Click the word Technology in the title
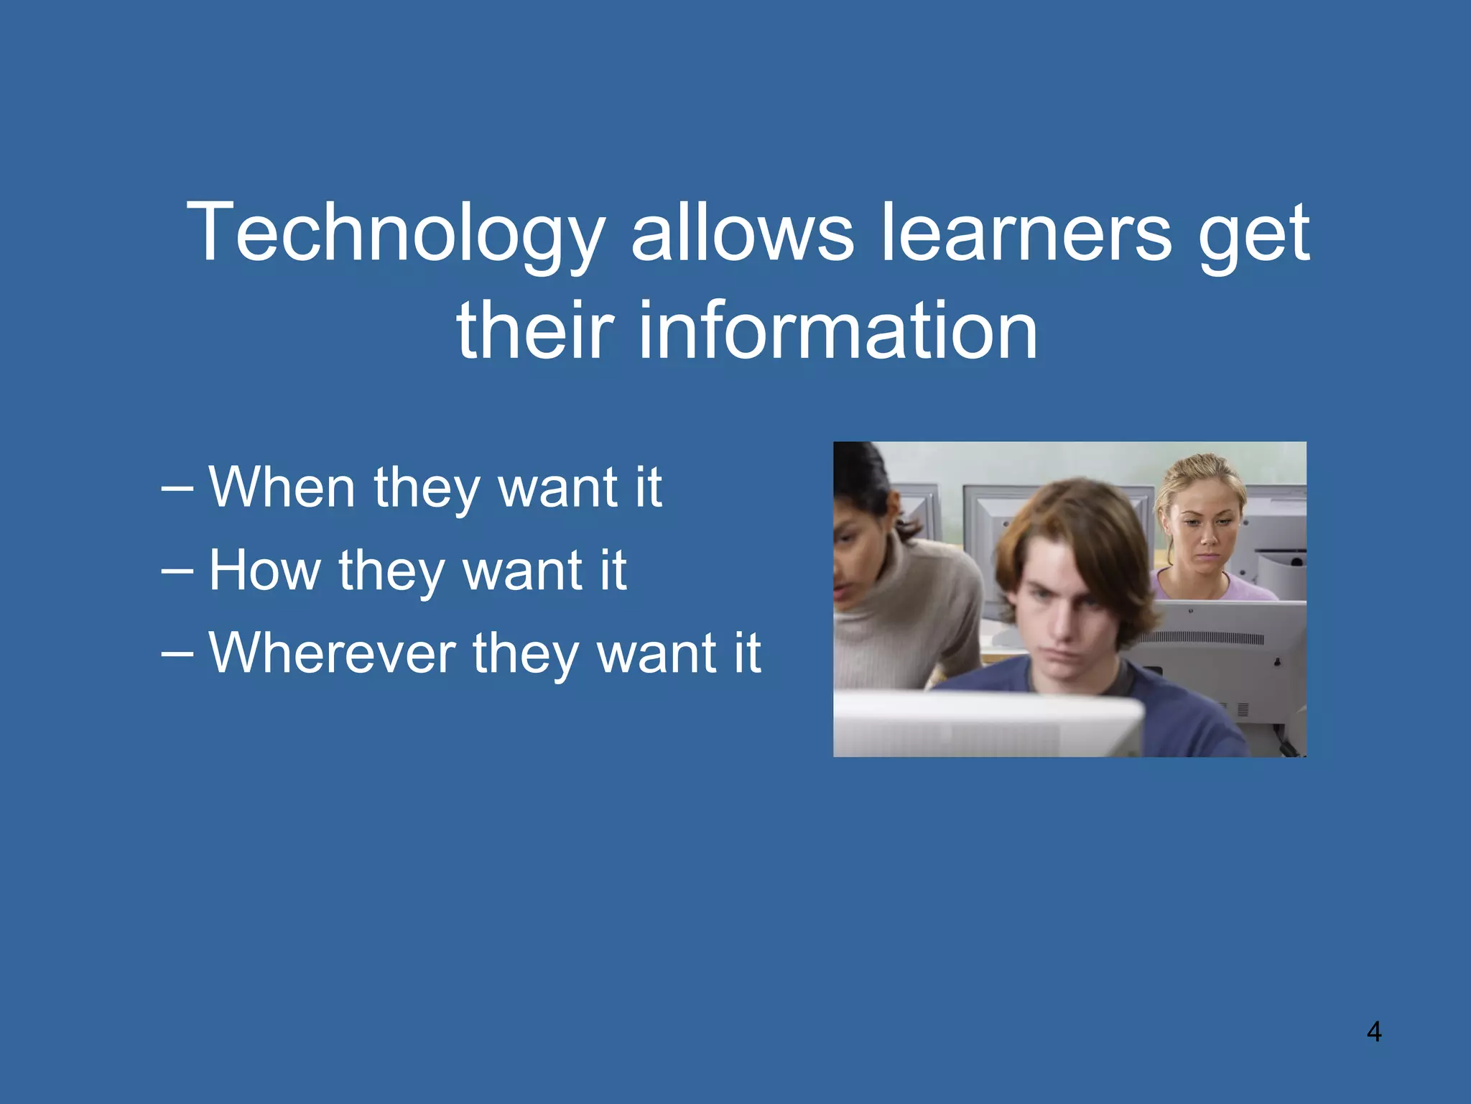pos(395,234)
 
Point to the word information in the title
pos(837,331)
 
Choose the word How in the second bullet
pos(264,571)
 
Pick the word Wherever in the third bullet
pos(332,653)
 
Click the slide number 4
pos(1373,1032)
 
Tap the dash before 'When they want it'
pos(177,489)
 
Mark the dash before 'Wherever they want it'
pos(177,655)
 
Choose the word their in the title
pos(535,331)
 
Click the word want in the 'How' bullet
pos(521,572)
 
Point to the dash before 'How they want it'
pos(177,572)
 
